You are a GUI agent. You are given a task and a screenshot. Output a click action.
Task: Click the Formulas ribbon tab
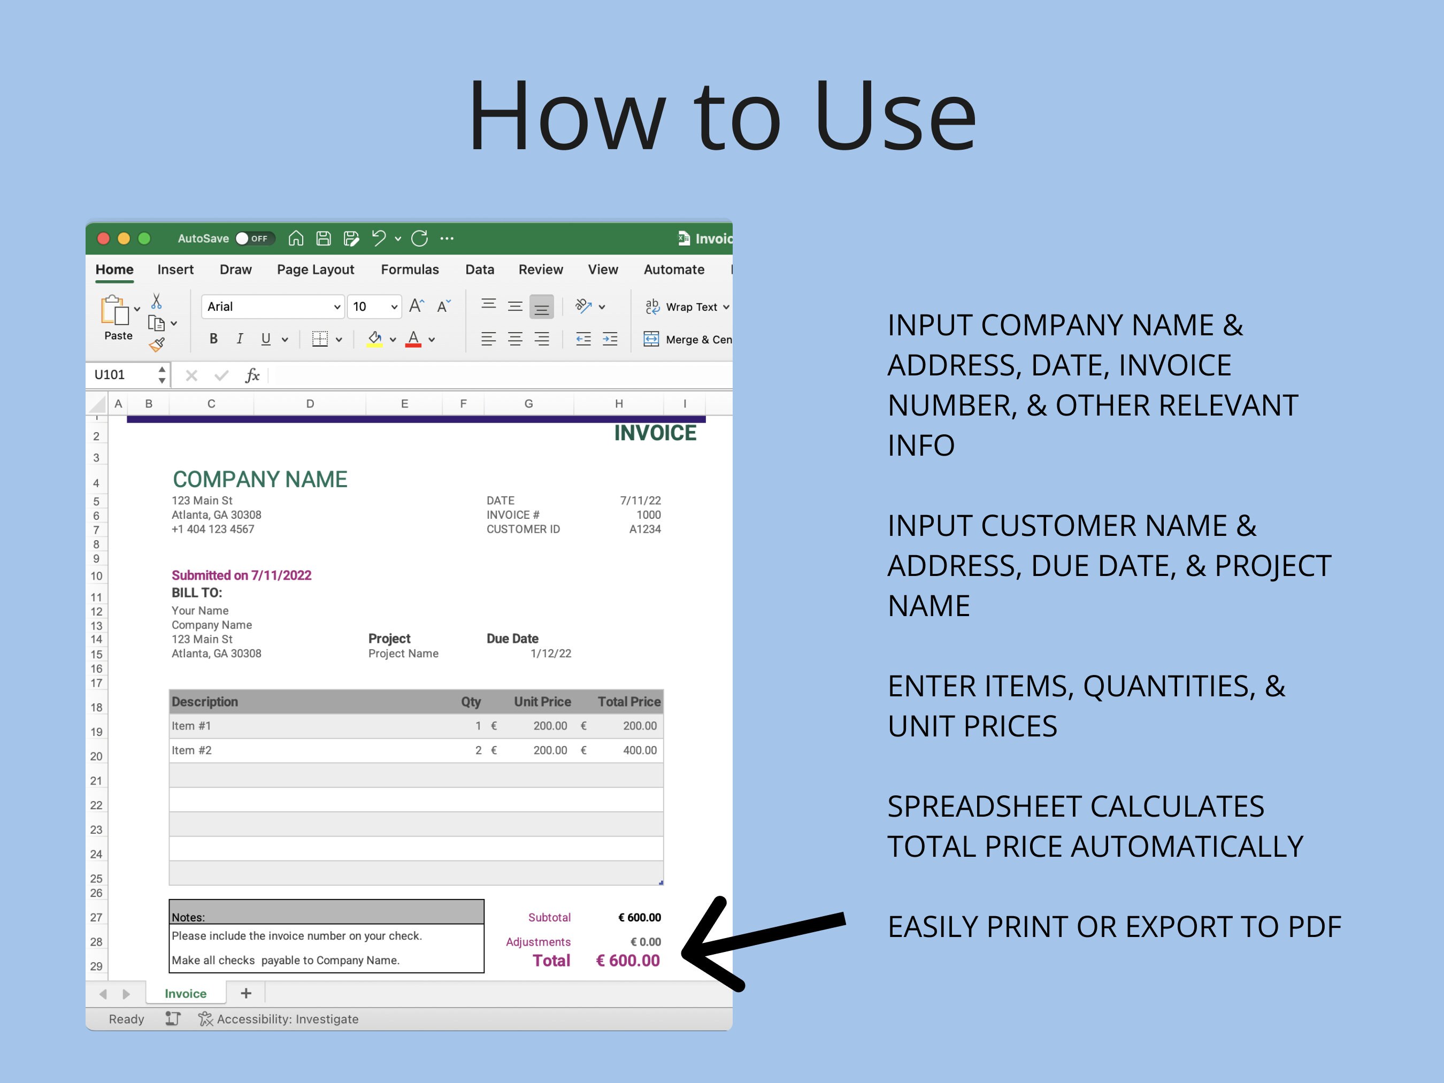[409, 270]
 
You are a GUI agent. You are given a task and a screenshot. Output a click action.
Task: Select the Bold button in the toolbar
[213, 339]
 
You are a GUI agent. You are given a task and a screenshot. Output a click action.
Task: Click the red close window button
[103, 239]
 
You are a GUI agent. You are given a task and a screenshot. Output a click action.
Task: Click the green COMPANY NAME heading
[260, 480]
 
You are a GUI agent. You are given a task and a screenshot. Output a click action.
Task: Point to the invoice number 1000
[648, 515]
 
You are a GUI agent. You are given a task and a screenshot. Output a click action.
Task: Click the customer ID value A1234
[644, 529]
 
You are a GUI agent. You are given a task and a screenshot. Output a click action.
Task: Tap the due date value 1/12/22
[550, 654]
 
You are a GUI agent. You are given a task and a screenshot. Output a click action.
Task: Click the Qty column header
[471, 702]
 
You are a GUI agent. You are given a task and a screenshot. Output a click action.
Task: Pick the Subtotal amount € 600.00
[639, 917]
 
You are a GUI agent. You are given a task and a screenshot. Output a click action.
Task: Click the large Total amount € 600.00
[627, 961]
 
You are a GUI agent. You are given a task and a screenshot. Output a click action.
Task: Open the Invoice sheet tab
[186, 994]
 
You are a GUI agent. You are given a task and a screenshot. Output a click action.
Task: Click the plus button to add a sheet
[246, 994]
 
